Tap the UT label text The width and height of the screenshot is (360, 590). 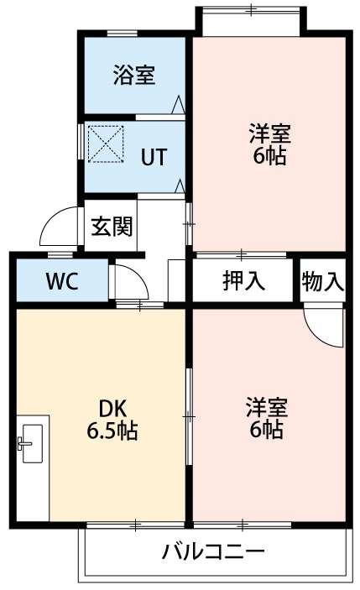click(x=153, y=156)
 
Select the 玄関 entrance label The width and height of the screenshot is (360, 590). click(x=112, y=227)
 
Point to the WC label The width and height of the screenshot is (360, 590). click(x=61, y=281)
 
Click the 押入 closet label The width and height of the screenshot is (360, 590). click(x=244, y=281)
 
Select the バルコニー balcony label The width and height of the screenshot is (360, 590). click(x=213, y=552)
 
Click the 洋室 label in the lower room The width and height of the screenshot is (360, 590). click(x=268, y=409)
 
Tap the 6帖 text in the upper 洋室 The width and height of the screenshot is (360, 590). click(x=269, y=156)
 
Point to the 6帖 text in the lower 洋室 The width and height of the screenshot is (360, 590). click(x=268, y=431)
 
